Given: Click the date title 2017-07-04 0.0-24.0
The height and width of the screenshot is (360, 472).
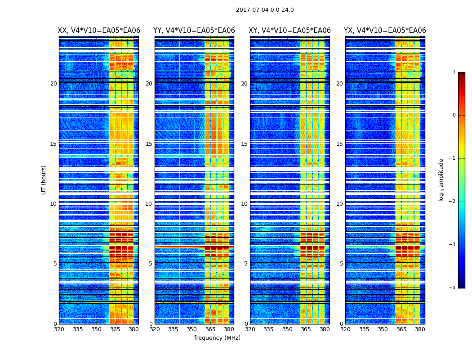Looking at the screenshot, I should [x=265, y=10].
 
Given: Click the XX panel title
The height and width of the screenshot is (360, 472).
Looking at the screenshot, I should [x=99, y=31].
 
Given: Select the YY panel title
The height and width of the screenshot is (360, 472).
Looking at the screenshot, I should [x=194, y=31].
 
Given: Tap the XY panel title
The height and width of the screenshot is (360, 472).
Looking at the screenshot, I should [x=290, y=31].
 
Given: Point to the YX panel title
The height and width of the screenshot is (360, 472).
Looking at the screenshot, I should [x=385, y=31].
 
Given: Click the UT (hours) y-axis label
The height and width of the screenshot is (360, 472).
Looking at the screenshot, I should [x=44, y=180].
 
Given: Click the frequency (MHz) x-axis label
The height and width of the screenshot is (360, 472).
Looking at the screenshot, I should [x=217, y=338].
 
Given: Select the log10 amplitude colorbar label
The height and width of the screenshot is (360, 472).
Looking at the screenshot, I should [x=441, y=180].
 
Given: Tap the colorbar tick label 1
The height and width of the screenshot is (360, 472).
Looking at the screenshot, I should [x=454, y=72].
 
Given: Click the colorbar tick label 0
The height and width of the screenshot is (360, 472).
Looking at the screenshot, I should [x=454, y=115].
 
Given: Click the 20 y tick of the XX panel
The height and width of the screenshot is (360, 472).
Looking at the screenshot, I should [x=53, y=84].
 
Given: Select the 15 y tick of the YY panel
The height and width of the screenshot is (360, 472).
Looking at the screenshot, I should [x=149, y=144].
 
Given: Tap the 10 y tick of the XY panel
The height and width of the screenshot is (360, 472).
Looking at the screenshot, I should [x=244, y=204].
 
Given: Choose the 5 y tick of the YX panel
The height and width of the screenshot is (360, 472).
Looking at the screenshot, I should [x=341, y=264].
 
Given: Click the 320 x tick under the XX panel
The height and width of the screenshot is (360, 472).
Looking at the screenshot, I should [x=59, y=329].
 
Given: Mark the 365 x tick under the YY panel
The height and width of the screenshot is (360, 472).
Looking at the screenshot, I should [x=211, y=329].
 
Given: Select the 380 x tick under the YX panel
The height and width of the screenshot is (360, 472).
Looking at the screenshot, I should [x=420, y=329].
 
